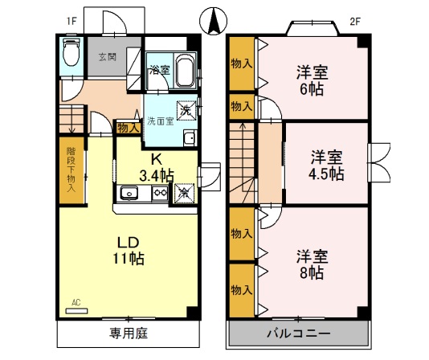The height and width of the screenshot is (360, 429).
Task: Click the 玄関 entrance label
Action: pyautogui.click(x=107, y=57)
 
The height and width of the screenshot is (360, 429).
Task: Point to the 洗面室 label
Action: pyautogui.click(x=159, y=121)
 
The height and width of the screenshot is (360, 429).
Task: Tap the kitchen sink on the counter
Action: pyautogui.click(x=130, y=193)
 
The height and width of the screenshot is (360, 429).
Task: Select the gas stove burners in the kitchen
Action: pyautogui.click(x=159, y=193)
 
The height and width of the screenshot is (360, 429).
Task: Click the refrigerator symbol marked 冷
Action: pyautogui.click(x=184, y=192)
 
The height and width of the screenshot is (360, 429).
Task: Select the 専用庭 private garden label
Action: pyautogui.click(x=128, y=332)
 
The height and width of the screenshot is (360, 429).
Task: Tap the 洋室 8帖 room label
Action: pyautogui.click(x=310, y=264)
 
